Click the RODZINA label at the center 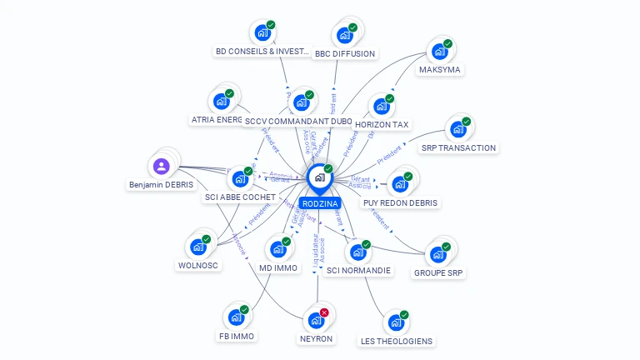(x=320, y=203)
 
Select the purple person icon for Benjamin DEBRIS (x=162, y=165)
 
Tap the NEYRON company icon (x=315, y=320)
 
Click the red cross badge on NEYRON (x=324, y=312)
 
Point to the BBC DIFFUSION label (x=345, y=54)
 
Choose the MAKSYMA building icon (x=438, y=52)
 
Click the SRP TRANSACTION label (x=458, y=148)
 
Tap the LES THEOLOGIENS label (x=397, y=341)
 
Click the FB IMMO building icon (x=236, y=317)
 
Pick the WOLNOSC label (x=198, y=266)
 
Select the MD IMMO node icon (x=277, y=249)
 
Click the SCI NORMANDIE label (x=358, y=271)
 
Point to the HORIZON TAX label (x=382, y=125)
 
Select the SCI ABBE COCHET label (x=240, y=197)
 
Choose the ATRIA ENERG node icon (x=221, y=101)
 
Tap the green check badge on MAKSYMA (x=447, y=43)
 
